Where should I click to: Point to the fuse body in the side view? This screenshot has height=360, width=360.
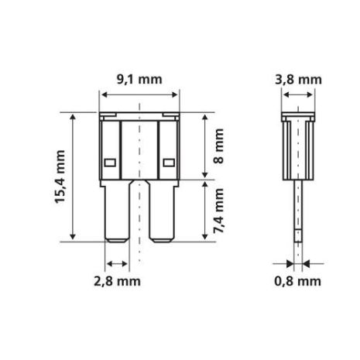[x=297, y=147]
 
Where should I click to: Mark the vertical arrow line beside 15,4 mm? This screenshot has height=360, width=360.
[x=74, y=177]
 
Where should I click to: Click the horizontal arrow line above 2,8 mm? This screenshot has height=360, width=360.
[x=118, y=261]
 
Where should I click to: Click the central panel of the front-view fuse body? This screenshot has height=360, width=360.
[x=140, y=147]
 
